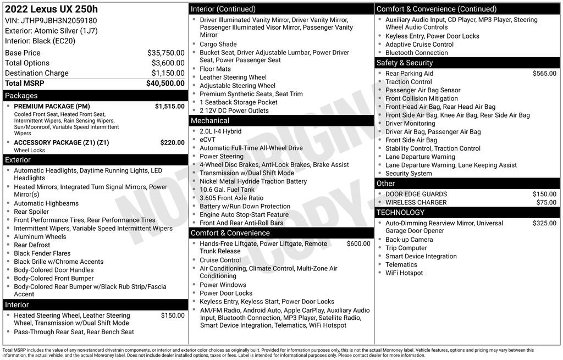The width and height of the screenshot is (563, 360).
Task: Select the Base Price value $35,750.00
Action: click(165, 53)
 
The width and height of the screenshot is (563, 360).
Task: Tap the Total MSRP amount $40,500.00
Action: click(165, 84)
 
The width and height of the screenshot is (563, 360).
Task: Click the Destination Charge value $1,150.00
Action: click(168, 73)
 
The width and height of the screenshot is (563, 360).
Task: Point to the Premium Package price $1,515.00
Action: click(169, 107)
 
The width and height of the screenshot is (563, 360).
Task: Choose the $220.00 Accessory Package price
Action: click(172, 143)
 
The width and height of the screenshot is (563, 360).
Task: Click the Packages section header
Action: click(21, 96)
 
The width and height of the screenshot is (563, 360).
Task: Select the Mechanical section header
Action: click(210, 121)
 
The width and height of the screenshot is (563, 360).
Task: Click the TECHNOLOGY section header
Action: click(400, 213)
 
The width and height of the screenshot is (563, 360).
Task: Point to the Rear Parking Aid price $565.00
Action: click(544, 74)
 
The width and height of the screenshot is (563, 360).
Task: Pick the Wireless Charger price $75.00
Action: click(546, 203)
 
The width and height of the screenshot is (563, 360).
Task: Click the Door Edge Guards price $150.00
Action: click(544, 195)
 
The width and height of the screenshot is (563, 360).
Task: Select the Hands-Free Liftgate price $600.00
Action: click(358, 244)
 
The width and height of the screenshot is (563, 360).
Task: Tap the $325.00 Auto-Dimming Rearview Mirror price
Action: click(544, 224)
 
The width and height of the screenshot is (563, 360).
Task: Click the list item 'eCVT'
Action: click(208, 140)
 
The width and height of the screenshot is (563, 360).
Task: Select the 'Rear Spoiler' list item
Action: click(31, 212)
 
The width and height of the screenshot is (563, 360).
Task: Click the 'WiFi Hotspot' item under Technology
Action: click(404, 273)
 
